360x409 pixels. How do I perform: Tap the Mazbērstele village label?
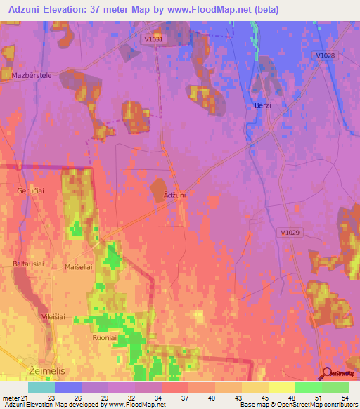tap(27, 74)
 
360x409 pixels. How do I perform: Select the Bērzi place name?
tap(262, 105)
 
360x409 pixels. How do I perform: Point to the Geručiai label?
tap(30, 190)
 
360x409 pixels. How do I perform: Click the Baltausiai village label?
tap(29, 264)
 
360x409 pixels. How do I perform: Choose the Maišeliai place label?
tap(79, 267)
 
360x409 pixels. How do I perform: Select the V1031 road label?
tap(153, 40)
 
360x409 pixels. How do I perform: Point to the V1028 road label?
tap(325, 56)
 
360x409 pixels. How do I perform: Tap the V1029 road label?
tap(290, 233)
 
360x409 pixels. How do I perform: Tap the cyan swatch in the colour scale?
tap(41, 387)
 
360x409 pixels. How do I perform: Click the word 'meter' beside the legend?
tap(13, 398)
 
